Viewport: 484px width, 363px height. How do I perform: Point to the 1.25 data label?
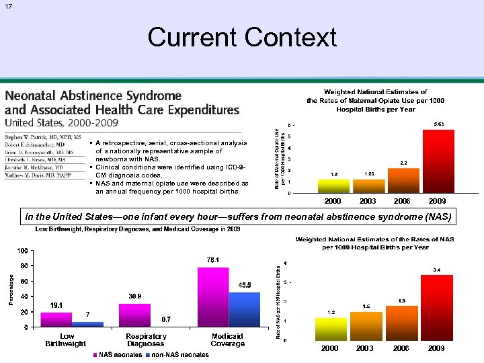tap(368, 174)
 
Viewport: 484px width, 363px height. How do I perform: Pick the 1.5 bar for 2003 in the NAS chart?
tap(366, 326)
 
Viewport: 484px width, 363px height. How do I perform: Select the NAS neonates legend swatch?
tap(96, 354)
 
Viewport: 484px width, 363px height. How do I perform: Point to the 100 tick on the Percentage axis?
tap(22, 251)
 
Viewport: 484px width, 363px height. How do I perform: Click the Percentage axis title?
tap(9, 289)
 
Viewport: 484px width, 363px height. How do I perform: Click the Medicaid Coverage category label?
tap(227, 339)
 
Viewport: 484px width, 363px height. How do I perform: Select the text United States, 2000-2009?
tap(62, 122)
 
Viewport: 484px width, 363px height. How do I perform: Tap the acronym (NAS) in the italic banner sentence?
tap(436, 216)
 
